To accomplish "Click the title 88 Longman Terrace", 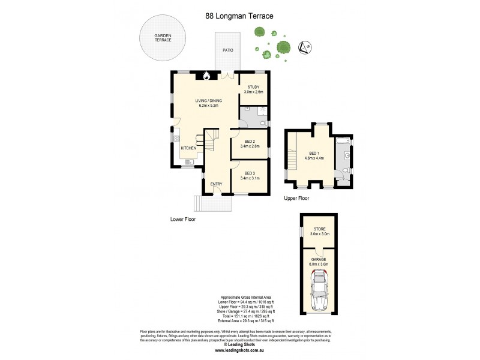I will (x=239, y=17).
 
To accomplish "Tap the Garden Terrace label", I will (x=163, y=38).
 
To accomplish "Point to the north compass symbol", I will (x=305, y=47).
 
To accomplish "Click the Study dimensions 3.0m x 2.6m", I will (x=253, y=92).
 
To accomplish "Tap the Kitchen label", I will (x=188, y=148).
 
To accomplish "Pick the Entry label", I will (x=216, y=184).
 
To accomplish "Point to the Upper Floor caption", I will (x=296, y=197).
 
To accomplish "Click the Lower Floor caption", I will (x=183, y=220).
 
